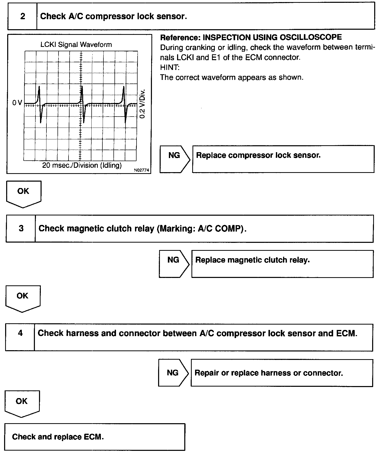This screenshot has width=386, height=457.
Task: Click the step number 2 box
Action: (23, 16)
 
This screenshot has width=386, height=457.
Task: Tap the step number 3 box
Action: (21, 228)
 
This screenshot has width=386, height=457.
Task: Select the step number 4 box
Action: (20, 333)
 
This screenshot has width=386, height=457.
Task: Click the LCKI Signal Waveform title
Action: (76, 45)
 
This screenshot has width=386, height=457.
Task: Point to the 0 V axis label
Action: (17, 103)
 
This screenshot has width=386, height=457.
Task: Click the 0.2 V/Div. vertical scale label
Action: (142, 104)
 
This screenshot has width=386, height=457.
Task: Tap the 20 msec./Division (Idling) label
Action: (82, 165)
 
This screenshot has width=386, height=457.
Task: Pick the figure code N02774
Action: (141, 170)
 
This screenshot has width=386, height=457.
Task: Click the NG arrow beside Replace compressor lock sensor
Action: (175, 159)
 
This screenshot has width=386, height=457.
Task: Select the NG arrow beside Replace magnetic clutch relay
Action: (174, 264)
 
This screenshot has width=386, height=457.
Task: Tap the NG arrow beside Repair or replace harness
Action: (173, 373)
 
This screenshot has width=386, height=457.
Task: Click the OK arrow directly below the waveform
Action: (23, 193)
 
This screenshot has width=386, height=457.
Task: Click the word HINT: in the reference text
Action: (170, 67)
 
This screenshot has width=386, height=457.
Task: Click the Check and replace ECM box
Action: (94, 437)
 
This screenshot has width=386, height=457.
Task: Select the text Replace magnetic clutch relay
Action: (253, 260)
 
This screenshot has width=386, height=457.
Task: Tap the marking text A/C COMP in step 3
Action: (220, 228)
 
